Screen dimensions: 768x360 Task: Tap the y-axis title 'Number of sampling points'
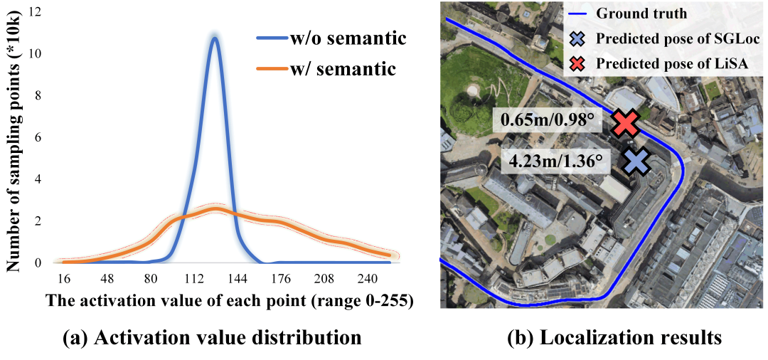[x=14, y=142]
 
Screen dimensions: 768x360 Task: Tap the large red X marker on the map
[x=625, y=123]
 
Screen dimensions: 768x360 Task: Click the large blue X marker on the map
[x=636, y=161]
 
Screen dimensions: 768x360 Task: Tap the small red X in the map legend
[x=578, y=63]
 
